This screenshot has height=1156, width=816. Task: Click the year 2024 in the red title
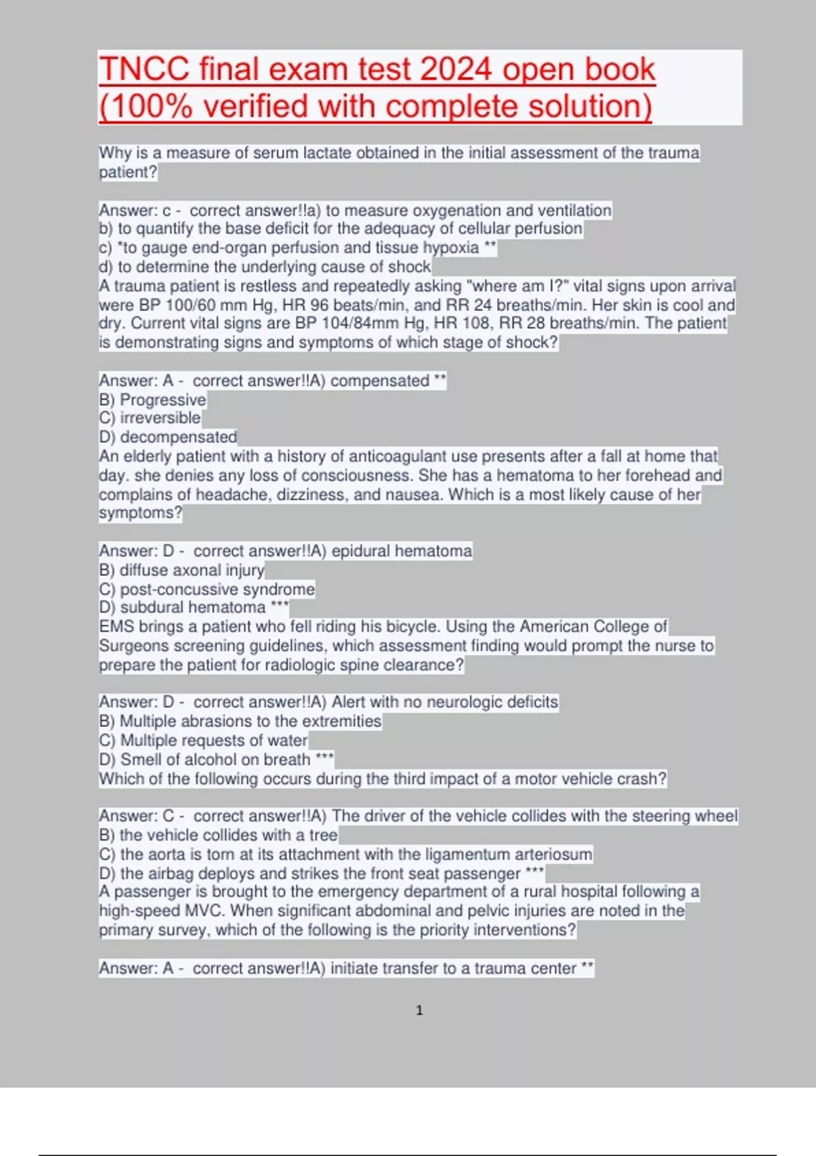pyautogui.click(x=455, y=69)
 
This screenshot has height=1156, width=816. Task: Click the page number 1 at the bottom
pyautogui.click(x=419, y=1010)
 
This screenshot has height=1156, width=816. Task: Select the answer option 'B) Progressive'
pyautogui.click(x=152, y=400)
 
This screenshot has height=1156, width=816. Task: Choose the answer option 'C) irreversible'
pyautogui.click(x=150, y=418)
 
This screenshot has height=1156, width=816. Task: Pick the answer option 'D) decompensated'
pyautogui.click(x=168, y=437)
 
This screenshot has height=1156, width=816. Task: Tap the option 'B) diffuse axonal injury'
pyautogui.click(x=182, y=570)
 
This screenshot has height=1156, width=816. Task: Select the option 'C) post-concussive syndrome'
pyautogui.click(x=207, y=589)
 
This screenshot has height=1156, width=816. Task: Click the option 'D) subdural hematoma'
pyautogui.click(x=182, y=607)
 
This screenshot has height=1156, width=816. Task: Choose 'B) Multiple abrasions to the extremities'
pyautogui.click(x=240, y=721)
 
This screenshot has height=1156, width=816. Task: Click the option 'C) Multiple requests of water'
pyautogui.click(x=203, y=740)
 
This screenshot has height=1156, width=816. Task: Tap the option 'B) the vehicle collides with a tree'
pyautogui.click(x=218, y=835)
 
